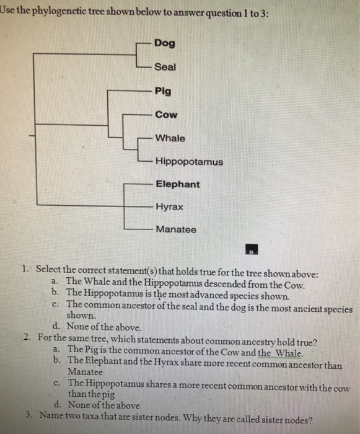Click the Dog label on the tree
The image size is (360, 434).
click(165, 43)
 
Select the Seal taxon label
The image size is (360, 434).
click(165, 67)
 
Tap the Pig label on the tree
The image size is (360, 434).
click(163, 91)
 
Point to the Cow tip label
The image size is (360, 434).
click(166, 115)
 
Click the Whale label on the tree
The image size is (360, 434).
click(170, 138)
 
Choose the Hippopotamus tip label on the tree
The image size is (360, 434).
click(189, 162)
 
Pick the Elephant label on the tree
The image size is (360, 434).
click(178, 184)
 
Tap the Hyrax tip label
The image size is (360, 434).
click(169, 206)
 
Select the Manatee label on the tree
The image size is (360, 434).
click(176, 229)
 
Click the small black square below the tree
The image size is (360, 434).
click(252, 249)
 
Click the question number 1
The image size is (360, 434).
click(25, 268)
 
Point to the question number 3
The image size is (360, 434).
click(29, 414)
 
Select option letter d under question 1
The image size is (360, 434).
click(56, 326)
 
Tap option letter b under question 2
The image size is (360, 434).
click(57, 360)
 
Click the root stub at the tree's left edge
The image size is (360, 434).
click(32, 136)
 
